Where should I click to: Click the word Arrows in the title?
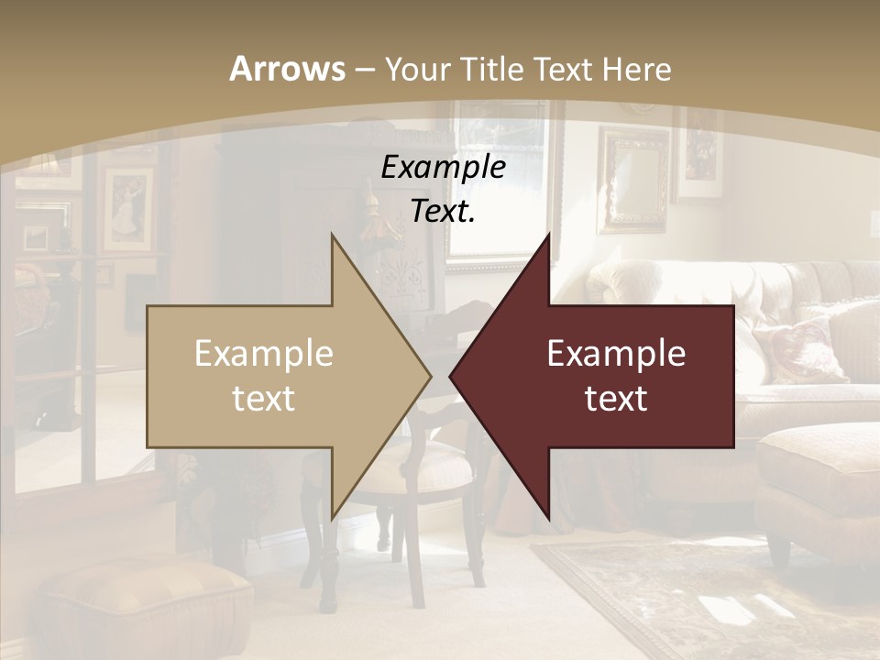pyautogui.click(x=287, y=69)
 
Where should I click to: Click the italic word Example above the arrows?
pyautogui.click(x=443, y=167)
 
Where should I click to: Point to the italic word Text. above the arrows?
pyautogui.click(x=443, y=211)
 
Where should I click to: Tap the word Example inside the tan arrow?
pyautogui.click(x=264, y=354)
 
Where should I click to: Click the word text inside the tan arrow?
pyautogui.click(x=264, y=398)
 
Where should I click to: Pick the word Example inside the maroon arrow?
pyautogui.click(x=616, y=354)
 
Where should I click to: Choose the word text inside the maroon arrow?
pyautogui.click(x=616, y=398)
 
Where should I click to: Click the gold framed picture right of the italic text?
pyautogui.click(x=634, y=179)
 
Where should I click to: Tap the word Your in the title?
pyautogui.click(x=416, y=69)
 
